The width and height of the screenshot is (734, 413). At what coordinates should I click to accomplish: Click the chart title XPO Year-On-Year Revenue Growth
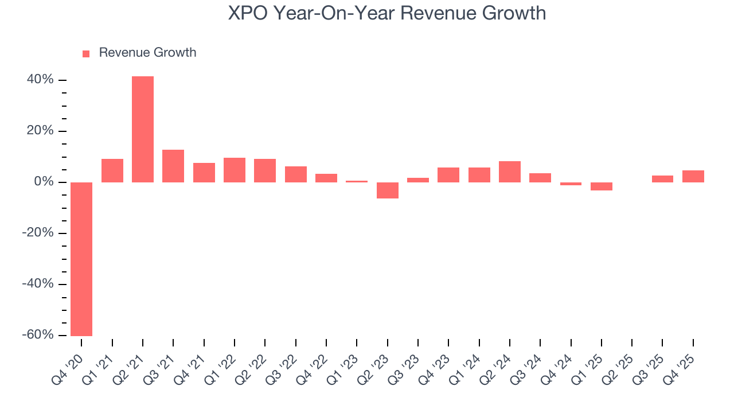[x=387, y=13]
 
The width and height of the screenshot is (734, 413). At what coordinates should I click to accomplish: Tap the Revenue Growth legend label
[x=147, y=53]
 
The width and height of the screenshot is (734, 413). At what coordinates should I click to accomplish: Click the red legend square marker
[x=86, y=53]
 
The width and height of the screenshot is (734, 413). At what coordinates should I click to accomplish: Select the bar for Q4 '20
[x=81, y=259]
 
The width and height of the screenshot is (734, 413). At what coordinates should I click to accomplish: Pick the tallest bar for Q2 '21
[x=143, y=129]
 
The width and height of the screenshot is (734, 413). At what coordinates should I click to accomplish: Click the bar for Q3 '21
[x=173, y=166]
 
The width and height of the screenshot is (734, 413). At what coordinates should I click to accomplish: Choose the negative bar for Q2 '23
[x=388, y=190]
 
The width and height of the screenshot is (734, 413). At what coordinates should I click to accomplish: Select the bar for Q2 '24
[x=510, y=172]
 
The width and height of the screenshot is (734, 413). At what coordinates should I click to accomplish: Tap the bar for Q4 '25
[x=693, y=176]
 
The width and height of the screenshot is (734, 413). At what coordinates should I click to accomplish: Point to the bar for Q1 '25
[x=602, y=186]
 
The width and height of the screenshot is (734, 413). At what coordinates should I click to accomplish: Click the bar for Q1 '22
[x=235, y=170]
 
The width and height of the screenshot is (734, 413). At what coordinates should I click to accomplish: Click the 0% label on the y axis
[x=44, y=182]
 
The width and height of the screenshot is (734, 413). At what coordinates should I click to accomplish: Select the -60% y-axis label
[x=38, y=335]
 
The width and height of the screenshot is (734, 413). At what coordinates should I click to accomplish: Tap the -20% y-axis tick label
[x=38, y=233]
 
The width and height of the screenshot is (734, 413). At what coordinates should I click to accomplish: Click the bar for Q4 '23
[x=448, y=175]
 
